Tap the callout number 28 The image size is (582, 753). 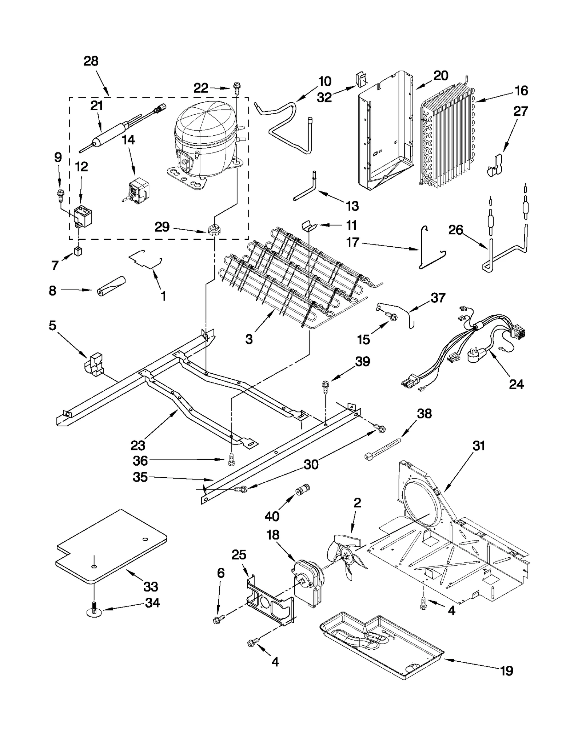tap(91, 61)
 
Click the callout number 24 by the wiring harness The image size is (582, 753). tap(516, 384)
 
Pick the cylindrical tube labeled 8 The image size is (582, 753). tap(111, 287)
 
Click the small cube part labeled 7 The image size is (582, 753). tap(78, 251)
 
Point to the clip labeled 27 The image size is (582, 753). tap(495, 166)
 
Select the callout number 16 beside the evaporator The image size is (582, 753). tap(521, 91)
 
